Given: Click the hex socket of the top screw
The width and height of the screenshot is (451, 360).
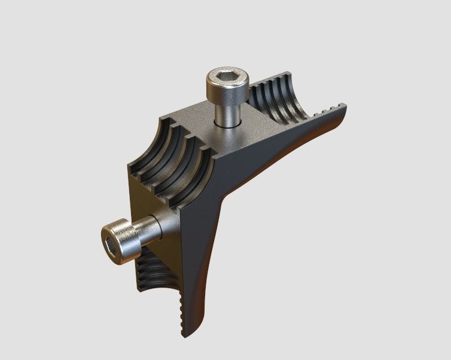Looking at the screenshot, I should (226, 78).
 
